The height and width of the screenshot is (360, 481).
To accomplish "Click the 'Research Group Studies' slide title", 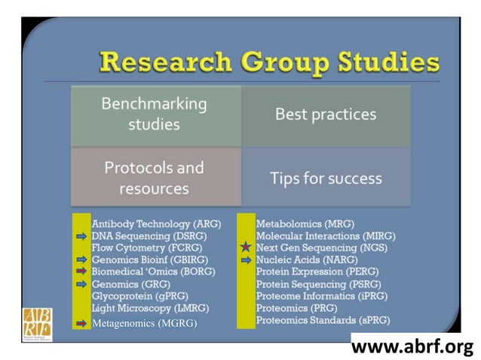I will coord(269,61).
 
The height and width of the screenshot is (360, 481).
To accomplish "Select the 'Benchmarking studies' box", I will coord(154,114).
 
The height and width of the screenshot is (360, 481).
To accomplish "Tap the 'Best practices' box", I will coord(325,114).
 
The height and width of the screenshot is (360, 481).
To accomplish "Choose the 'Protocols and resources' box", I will coord(154,176).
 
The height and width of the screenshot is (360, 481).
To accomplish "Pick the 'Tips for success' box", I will coord(325,178).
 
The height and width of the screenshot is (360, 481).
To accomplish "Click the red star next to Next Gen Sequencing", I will coord(245,247).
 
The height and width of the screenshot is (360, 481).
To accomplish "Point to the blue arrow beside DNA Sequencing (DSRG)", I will coord(81,236).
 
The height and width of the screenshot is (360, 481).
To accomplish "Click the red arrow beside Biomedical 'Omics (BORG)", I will coord(81,271).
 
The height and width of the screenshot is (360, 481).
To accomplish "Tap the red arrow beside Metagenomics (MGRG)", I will coord(81,323).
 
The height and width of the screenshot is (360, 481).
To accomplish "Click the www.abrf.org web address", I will coord(412,346).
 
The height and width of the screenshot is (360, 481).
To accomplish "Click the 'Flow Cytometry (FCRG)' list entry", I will coord(140,248).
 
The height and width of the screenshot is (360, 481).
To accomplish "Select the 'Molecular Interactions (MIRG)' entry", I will coord(326,236).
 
